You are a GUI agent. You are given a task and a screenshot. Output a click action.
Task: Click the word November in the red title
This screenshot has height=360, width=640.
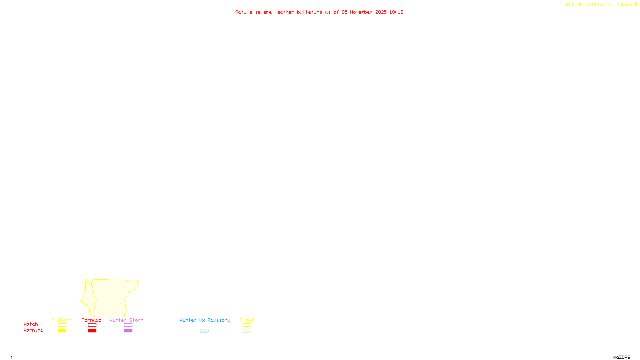click(x=361, y=12)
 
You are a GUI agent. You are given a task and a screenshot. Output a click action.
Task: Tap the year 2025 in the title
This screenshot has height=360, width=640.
click(x=381, y=12)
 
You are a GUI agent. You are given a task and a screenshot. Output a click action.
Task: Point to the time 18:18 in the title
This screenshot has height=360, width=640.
click(x=396, y=12)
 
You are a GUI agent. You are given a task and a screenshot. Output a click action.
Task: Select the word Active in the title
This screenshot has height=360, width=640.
click(x=244, y=12)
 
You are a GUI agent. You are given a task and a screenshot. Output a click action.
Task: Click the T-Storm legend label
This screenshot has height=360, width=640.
click(x=62, y=320)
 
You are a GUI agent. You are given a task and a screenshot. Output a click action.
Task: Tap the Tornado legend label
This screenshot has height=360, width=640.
click(x=92, y=320)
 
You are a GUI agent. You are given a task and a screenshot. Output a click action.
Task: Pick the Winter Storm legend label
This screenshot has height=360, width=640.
click(x=126, y=320)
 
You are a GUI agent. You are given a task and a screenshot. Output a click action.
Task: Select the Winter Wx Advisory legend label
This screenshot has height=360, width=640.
click(x=205, y=320)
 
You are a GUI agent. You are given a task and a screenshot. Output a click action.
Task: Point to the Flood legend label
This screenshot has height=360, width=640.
click(x=247, y=320)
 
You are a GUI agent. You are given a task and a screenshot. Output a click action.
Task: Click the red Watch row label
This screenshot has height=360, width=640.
click(x=31, y=324)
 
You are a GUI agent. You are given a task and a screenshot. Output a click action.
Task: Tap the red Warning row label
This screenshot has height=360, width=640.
click(x=33, y=330)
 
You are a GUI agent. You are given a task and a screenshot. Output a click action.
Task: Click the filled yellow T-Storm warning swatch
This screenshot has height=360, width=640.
click(x=62, y=331)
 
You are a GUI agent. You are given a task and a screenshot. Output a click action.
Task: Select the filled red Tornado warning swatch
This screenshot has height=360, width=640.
click(x=92, y=331)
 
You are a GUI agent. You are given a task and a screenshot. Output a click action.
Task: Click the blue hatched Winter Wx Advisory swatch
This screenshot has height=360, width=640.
click(x=204, y=331)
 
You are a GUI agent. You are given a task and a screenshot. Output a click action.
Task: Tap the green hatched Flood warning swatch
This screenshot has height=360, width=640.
click(x=247, y=331)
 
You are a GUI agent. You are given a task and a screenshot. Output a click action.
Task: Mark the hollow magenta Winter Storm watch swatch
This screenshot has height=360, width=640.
click(x=128, y=325)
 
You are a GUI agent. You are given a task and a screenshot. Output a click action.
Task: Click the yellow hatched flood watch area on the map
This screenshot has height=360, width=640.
click(x=110, y=296)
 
